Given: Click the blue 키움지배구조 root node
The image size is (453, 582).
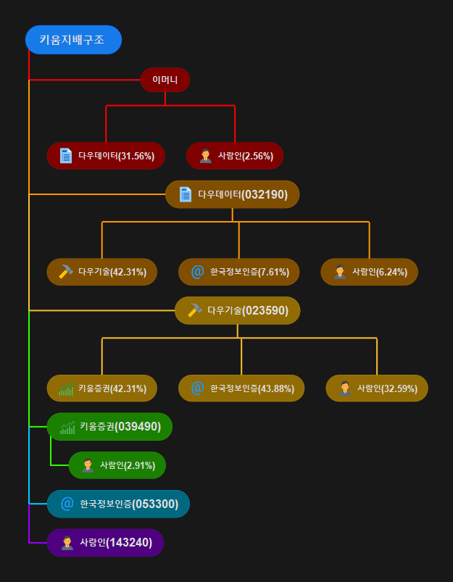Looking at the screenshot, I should coord(73,40).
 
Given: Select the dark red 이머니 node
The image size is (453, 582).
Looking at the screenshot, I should coord(165,80).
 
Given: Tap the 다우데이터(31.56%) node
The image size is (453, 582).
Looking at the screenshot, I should coord(106,156).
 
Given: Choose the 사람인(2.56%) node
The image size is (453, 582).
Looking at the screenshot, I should coord(235,156).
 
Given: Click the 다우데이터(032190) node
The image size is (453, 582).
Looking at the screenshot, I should coord(232,194).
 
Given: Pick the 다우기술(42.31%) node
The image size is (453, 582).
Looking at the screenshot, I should coord(102,272).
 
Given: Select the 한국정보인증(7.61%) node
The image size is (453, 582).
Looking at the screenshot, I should coord(239,272).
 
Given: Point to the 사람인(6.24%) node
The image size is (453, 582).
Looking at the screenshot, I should coord(369,272).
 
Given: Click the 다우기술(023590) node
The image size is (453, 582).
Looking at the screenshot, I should coord(237,310).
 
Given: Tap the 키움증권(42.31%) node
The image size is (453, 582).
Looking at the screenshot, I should coord(102,388).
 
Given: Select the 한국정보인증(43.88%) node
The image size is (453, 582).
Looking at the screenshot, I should coord(241,388).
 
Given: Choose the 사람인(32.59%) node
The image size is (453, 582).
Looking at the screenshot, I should coord(377,388).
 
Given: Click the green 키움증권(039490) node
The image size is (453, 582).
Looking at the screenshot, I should coord(109,426).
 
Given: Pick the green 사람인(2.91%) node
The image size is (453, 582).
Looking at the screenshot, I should coord(117,465).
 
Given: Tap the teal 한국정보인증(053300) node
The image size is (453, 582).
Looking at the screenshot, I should coord(118,504).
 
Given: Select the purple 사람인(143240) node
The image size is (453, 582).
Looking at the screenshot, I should coord(105,542).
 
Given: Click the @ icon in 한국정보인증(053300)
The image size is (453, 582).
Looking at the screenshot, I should coord(67,504).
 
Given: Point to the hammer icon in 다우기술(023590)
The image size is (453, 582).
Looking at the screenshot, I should coord(194,310).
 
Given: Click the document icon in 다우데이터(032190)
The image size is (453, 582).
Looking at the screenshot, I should coord(185,194).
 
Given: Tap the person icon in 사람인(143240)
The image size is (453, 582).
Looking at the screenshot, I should coord(67,542).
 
